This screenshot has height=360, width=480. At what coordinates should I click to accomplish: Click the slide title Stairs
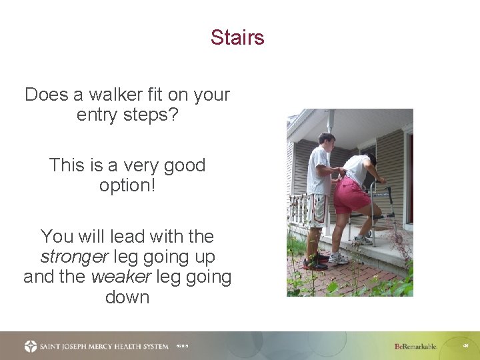pos(237,37)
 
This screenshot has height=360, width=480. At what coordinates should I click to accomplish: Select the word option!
pos(127,185)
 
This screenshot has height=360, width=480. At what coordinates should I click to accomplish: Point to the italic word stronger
pos(75,256)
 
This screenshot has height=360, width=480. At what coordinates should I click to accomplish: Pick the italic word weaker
pos(117,276)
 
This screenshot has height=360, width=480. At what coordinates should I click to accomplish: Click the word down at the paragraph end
pos(127,297)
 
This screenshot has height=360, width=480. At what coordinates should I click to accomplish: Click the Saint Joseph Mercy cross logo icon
pos(31,346)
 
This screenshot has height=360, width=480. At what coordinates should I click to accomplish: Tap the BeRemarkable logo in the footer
pos(415,347)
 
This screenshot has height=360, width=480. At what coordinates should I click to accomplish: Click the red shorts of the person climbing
pos(350,196)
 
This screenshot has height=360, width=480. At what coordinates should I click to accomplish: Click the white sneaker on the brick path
pos(338,259)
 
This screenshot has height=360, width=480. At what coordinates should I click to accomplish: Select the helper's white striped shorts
pos(317,210)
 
